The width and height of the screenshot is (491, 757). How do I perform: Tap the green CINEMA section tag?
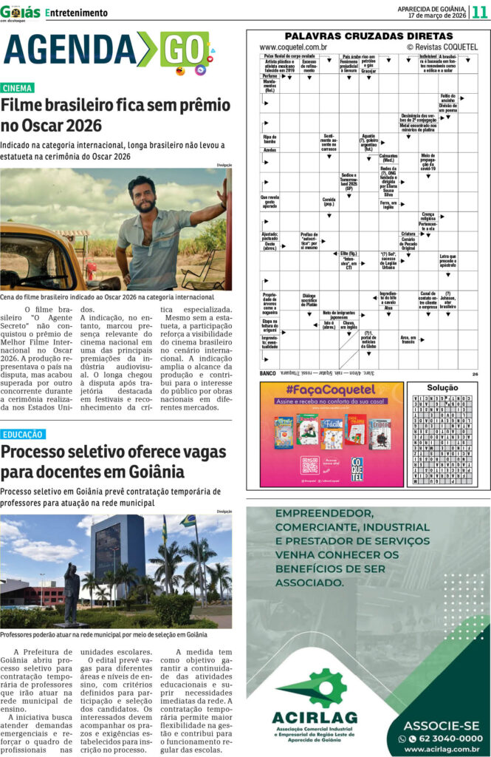(x=17, y=88)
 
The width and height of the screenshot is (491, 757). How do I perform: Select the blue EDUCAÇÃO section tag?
(x=22, y=435)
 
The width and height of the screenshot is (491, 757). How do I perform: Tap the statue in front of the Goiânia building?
(x=72, y=592)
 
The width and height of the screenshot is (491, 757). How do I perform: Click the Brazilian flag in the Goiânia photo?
(x=189, y=520)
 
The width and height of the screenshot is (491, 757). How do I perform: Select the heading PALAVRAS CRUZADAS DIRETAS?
(x=368, y=35)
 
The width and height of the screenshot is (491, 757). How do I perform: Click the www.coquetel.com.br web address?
(x=293, y=47)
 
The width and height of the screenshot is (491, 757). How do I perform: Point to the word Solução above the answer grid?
(x=443, y=387)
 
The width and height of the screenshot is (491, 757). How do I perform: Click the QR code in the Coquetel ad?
(x=310, y=465)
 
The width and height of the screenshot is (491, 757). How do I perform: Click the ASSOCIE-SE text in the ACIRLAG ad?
(x=442, y=724)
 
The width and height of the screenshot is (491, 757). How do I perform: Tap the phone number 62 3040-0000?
(x=445, y=738)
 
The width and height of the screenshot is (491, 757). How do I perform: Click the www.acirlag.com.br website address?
(x=442, y=749)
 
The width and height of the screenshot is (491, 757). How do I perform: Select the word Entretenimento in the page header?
(x=76, y=13)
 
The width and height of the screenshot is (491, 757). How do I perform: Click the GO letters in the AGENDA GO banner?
(x=185, y=50)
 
